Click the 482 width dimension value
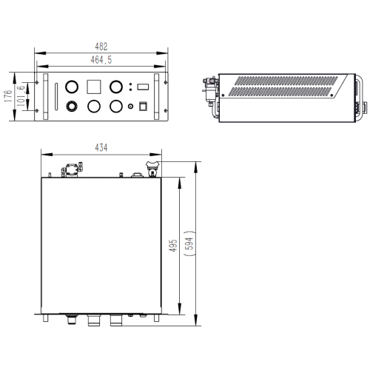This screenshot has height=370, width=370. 101,47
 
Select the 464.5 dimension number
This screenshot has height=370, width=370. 101,60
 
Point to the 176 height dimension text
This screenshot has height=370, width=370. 8,96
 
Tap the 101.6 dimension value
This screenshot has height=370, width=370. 21,96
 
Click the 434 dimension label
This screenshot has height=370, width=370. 101,147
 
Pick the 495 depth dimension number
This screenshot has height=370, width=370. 173,246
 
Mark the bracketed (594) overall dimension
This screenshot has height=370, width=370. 190,243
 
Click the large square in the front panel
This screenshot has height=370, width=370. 94,87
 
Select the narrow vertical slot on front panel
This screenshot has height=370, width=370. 56,97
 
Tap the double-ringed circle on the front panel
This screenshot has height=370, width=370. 72,107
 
